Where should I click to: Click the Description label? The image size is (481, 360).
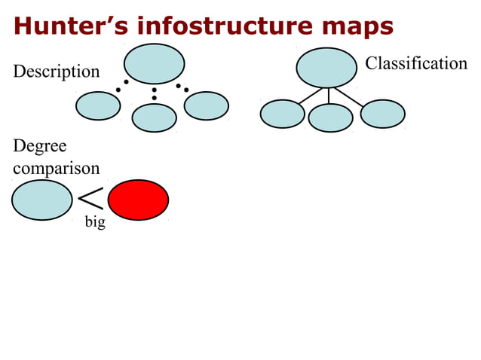(x=57, y=72)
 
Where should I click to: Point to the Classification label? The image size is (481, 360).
(x=416, y=63)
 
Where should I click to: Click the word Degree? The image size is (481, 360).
(x=40, y=146)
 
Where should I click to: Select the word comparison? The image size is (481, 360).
(x=57, y=168)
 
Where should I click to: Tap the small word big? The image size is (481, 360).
(x=95, y=223)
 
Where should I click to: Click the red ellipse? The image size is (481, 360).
(x=138, y=200)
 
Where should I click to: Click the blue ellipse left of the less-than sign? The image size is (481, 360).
(x=42, y=200)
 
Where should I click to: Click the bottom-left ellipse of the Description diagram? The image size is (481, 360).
(x=98, y=105)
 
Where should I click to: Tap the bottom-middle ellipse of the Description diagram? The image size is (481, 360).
(x=155, y=117)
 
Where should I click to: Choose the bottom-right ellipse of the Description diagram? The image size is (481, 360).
(x=207, y=105)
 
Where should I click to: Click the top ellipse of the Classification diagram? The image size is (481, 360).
(x=326, y=68)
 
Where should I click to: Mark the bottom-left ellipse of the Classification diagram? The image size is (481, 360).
(x=282, y=114)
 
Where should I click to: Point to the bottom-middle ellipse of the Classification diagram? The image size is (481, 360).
(x=330, y=117)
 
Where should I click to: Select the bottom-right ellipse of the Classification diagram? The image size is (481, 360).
(x=383, y=114)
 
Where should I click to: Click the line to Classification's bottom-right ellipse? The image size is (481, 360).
(x=350, y=96)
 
